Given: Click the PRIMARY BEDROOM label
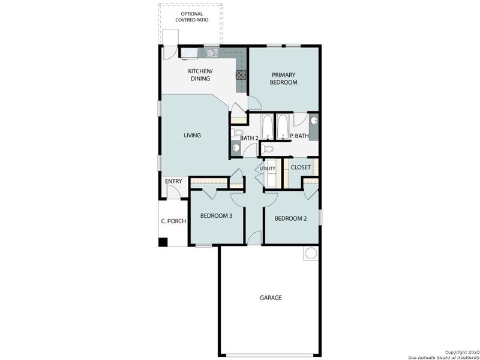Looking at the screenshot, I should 284,79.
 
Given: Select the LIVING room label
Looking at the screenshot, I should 192,136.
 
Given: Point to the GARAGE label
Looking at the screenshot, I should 271,298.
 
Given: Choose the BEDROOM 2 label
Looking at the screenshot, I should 290,218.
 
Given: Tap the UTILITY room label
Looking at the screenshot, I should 268,169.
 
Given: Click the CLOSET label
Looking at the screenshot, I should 301,167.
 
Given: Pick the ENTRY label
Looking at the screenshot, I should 174,181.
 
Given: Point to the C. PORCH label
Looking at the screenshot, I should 173,221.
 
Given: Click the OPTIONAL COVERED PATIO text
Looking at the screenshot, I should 189,17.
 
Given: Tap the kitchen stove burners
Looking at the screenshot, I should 241,75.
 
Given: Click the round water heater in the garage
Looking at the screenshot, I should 311,253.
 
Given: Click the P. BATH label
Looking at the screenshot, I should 299,136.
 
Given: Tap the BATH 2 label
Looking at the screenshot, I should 249,139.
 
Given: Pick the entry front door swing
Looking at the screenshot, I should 173,192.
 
